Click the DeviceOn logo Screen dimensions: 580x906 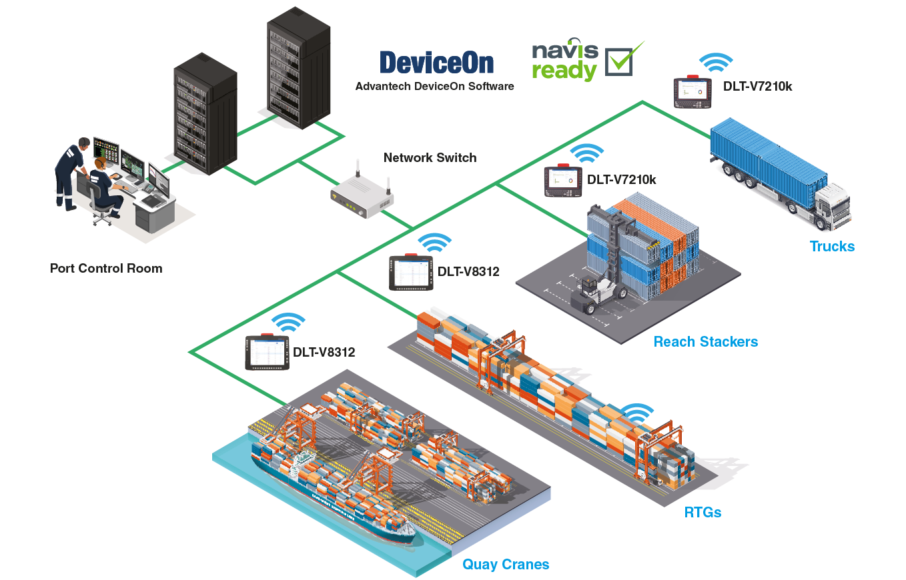point(436,63)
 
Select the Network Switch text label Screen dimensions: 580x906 point(430,158)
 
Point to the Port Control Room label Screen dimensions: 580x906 point(106,269)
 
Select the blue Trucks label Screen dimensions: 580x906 point(832,247)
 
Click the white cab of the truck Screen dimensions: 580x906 point(831,203)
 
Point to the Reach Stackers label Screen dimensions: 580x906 point(705,342)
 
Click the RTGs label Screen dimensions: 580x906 point(703,513)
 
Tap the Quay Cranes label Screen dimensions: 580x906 point(506,565)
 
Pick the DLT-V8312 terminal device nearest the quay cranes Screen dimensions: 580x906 point(268,352)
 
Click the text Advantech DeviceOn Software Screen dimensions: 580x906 point(434,86)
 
